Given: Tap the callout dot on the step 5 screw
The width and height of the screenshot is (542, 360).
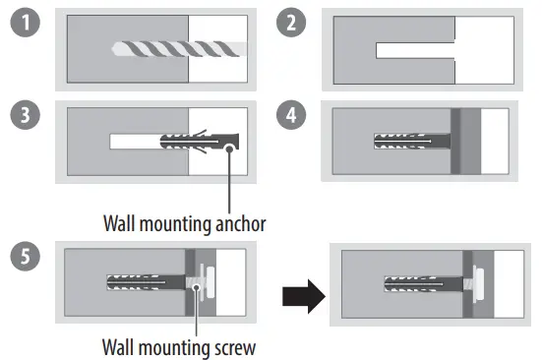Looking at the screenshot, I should click(x=198, y=289).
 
